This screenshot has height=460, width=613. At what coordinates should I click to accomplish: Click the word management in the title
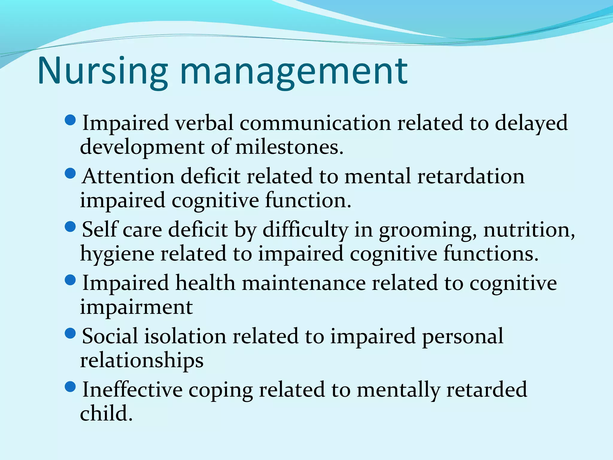(x=294, y=71)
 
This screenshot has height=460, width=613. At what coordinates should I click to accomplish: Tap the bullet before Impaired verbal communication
(x=70, y=120)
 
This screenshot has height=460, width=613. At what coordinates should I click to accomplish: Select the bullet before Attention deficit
(x=70, y=174)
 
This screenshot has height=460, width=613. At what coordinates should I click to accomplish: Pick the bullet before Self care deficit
(x=70, y=227)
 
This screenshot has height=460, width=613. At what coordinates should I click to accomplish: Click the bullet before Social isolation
(x=70, y=333)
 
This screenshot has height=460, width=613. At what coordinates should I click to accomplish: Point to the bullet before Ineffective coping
(x=70, y=387)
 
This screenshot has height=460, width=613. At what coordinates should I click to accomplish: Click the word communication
(x=315, y=123)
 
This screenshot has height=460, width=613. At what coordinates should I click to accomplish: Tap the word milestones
(x=289, y=147)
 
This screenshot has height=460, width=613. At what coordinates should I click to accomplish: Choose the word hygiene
(x=117, y=254)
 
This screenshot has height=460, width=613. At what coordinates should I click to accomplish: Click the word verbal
(x=204, y=123)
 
